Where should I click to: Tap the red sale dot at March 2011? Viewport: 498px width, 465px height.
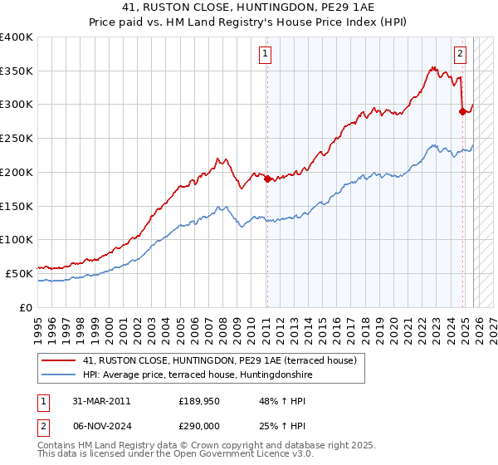[267, 179]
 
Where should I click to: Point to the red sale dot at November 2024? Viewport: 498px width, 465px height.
[462, 111]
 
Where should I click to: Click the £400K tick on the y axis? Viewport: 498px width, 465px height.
[17, 37]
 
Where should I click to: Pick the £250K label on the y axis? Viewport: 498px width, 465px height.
[17, 138]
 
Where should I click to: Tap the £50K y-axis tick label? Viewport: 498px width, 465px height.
[20, 273]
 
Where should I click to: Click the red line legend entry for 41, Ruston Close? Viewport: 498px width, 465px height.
[219, 360]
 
